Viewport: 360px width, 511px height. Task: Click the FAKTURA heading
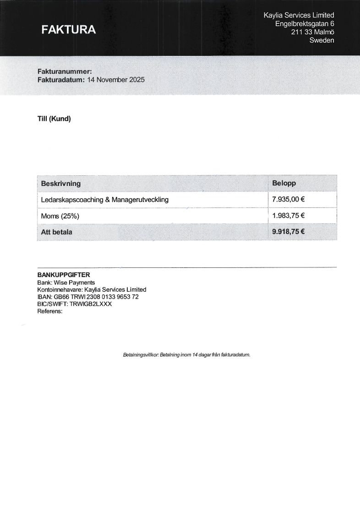pos(69,30)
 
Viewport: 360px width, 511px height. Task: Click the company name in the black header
pos(299,16)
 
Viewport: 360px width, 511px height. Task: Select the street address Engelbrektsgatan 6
pos(305,24)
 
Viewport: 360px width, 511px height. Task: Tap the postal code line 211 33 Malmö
pos(312,32)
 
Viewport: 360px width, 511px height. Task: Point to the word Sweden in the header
pos(322,40)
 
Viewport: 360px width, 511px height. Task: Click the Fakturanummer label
pos(65,71)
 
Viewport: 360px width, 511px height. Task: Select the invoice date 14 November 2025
pos(116,80)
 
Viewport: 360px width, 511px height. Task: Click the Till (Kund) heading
pos(54,119)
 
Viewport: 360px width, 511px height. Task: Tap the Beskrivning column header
pos(61,184)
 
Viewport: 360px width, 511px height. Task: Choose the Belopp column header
pos(284,183)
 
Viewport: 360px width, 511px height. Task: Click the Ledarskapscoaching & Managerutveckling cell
pos(105,200)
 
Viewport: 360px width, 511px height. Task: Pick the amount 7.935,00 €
pos(289,199)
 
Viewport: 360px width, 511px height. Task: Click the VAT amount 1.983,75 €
pos(289,216)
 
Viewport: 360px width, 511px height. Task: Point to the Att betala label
pos(57,232)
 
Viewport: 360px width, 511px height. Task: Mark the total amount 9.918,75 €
pos(289,232)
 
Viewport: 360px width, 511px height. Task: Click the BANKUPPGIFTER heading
pos(64,275)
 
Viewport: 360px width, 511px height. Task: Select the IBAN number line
pos(88,297)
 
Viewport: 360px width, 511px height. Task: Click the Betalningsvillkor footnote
pos(186,355)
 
